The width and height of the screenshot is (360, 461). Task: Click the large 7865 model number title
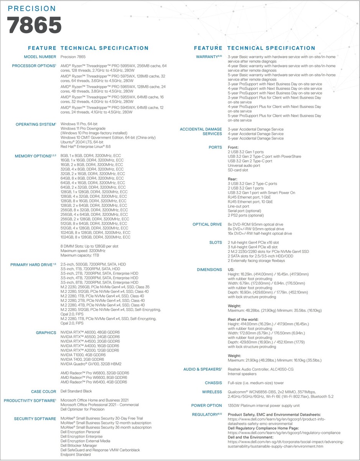(35, 26)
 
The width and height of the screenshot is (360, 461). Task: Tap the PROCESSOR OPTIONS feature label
(34, 66)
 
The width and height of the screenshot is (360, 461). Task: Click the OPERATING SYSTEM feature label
(35, 124)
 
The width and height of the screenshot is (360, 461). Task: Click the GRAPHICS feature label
(46, 333)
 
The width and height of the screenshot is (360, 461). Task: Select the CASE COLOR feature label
(43, 391)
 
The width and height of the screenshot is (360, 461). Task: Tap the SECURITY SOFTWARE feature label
(35, 418)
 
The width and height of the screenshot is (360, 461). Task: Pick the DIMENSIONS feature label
(209, 270)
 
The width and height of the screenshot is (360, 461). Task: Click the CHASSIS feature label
(213, 383)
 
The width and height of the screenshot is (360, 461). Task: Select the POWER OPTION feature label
(206, 405)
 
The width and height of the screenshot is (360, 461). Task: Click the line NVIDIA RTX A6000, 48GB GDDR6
(90, 333)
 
